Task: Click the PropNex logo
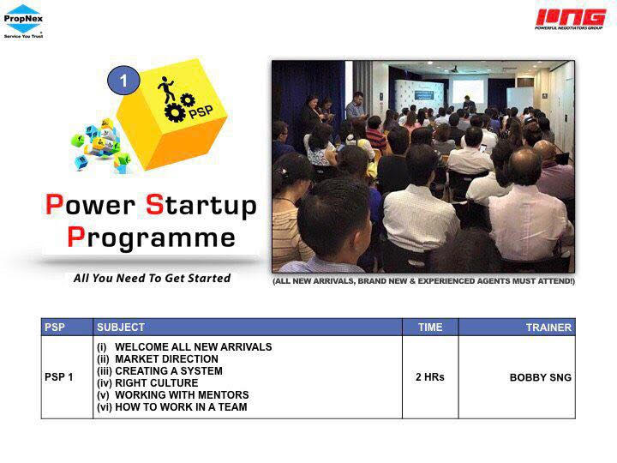pyautogui.click(x=23, y=21)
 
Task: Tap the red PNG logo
pyautogui.click(x=570, y=19)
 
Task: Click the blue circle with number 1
pyautogui.click(x=123, y=81)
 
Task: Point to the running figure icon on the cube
pyautogui.click(x=166, y=89)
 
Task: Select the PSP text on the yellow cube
pyautogui.click(x=201, y=111)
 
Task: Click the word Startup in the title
pyautogui.click(x=201, y=206)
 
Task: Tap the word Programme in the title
pyautogui.click(x=151, y=238)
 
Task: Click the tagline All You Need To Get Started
pyautogui.click(x=152, y=278)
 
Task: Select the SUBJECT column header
pyautogui.click(x=121, y=328)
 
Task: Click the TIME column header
pyautogui.click(x=430, y=328)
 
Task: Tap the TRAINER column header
pyautogui.click(x=548, y=328)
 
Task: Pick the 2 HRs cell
pyautogui.click(x=429, y=376)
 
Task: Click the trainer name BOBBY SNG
pyautogui.click(x=540, y=377)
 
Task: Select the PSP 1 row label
pyautogui.click(x=58, y=376)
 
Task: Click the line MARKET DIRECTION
pyautogui.click(x=158, y=359)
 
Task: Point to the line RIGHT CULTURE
pyautogui.click(x=147, y=382)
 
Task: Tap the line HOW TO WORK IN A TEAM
pyautogui.click(x=172, y=406)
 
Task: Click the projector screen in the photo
pyautogui.click(x=468, y=89)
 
